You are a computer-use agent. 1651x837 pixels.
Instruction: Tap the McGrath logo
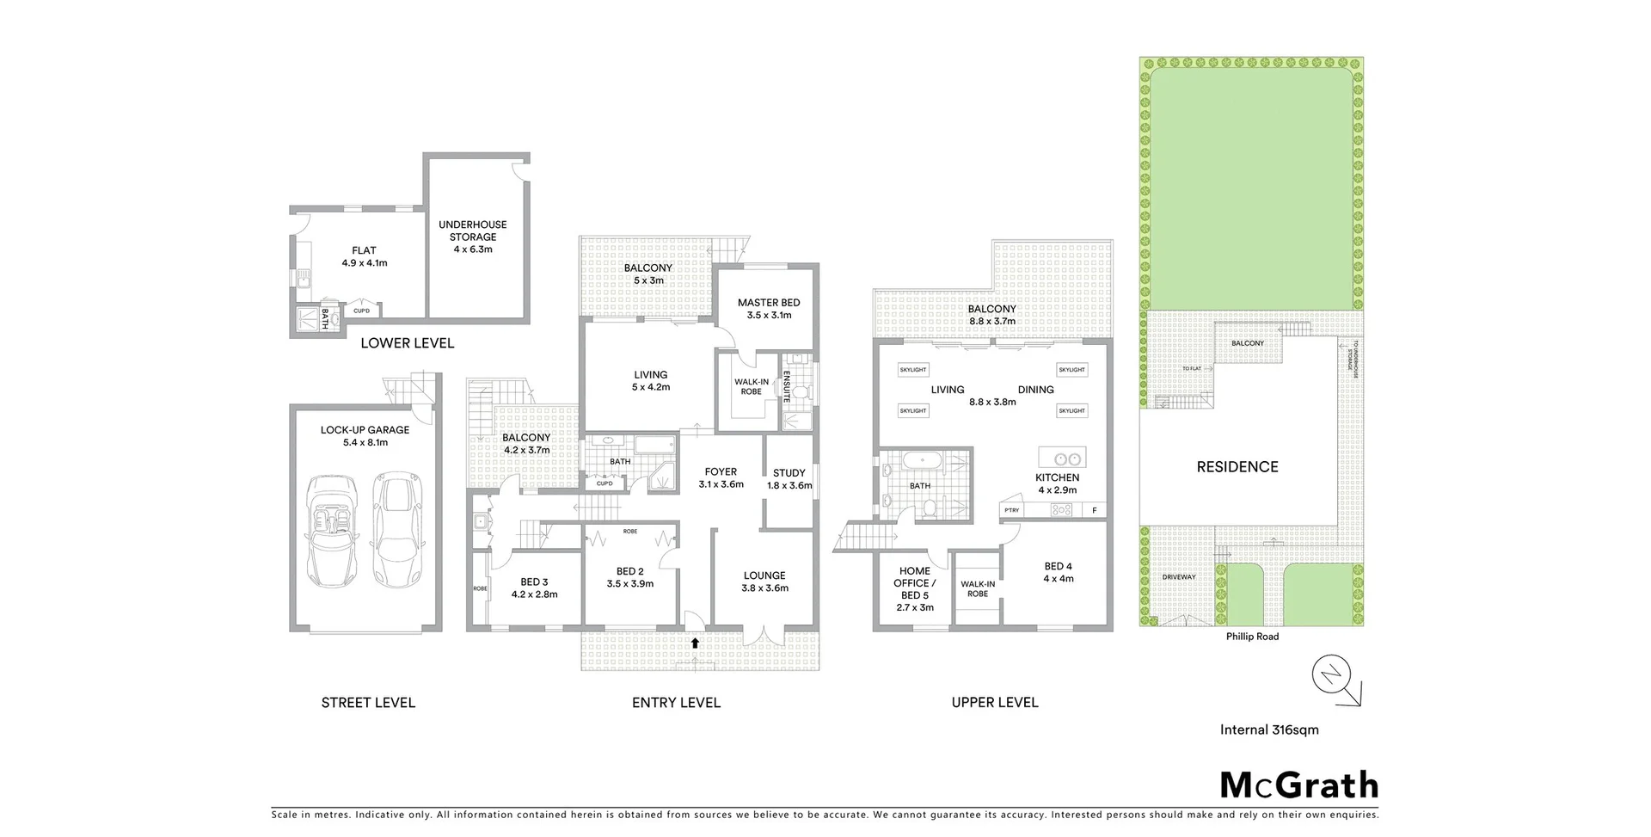1299,785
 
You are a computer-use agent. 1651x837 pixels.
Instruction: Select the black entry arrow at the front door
695,642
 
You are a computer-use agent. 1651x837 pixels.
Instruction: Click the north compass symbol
1332,674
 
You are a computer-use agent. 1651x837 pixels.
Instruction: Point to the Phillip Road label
1252,637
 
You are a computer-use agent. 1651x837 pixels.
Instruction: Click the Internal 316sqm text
1269,729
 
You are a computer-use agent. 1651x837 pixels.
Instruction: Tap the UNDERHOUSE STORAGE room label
473,237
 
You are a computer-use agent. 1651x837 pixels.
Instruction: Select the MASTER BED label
769,303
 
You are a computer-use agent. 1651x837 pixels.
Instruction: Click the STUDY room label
789,473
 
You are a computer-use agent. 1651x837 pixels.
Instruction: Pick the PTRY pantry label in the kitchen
1012,510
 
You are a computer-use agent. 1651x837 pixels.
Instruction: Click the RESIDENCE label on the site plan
1237,467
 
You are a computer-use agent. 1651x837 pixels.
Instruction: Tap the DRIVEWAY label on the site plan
1178,577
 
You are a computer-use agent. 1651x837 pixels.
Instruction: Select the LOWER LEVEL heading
408,343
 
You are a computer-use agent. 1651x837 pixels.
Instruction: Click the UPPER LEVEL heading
995,703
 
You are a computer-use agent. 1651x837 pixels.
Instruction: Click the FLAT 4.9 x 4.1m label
365,256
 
